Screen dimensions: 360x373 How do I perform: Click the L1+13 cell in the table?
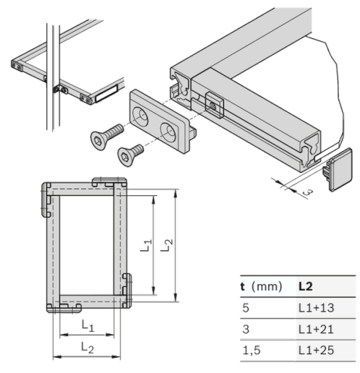pos(316,308)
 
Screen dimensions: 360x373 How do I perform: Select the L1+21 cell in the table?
pos(316,329)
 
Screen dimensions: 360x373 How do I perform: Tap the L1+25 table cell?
pos(316,350)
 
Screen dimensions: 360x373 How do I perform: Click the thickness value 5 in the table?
pos(246,308)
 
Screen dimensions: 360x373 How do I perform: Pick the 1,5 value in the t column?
pos(252,351)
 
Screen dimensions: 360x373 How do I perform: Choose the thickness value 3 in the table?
pos(246,329)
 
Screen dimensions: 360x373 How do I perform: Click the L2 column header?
pos(306,286)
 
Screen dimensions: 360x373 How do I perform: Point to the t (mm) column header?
pos(261,286)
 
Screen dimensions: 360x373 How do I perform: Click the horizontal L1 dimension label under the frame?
pos(87,325)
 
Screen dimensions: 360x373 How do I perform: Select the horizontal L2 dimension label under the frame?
pos(87,348)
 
